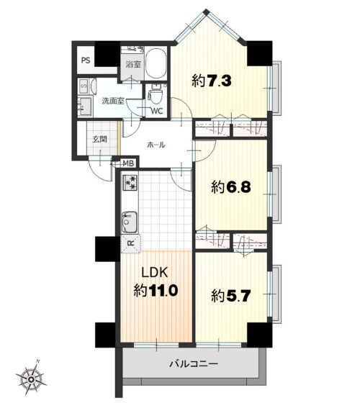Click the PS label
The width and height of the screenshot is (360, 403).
point(86,60)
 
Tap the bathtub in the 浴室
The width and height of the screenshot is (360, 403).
point(156,63)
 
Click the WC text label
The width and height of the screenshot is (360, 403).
point(157,111)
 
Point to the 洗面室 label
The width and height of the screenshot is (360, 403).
point(113,101)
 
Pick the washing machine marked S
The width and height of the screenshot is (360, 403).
point(84,86)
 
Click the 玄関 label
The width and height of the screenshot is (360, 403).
point(100,140)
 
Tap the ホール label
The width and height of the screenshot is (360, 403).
point(156,145)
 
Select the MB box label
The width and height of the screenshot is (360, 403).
point(128,163)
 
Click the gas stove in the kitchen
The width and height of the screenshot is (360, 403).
point(130,183)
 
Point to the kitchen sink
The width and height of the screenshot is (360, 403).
point(130,222)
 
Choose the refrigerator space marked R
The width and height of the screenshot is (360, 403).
point(131,243)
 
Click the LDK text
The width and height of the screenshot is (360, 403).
point(155,273)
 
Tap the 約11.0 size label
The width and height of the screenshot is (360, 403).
point(156,291)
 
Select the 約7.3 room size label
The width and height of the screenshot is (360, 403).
point(212,81)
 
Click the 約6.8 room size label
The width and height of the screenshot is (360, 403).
point(231,187)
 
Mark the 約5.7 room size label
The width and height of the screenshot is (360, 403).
point(231,296)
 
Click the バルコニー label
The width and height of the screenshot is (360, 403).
point(194,363)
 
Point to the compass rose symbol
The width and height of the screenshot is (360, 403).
point(31,379)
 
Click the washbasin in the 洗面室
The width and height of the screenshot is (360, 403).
point(85,107)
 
